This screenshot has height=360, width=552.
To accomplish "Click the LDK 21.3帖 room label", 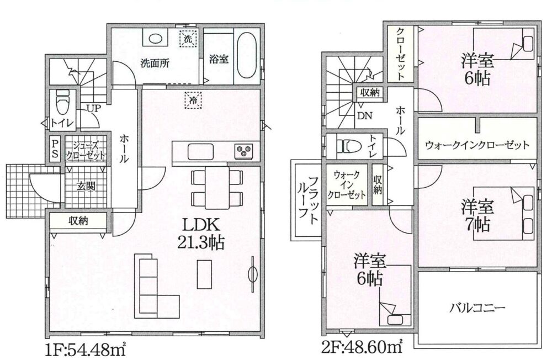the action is pos(201,234).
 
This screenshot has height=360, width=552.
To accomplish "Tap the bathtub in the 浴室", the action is pos(246,56).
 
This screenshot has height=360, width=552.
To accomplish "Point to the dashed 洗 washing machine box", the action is pos(188,39).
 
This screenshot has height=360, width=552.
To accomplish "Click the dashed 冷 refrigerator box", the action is pos(193,100).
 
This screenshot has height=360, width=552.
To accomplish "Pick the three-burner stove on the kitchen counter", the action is pos(243,151).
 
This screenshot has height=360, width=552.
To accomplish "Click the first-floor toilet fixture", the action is pos(63,102).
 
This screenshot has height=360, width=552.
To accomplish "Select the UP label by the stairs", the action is pos(93,108).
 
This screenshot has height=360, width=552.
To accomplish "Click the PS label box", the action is pos(55,149).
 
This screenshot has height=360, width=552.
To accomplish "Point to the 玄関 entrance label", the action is pos(86,186).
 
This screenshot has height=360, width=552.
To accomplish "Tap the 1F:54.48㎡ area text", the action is pos(86,351).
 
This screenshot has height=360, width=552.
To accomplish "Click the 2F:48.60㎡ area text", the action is pos(362,348).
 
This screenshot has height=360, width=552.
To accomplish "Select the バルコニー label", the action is pos(477,308).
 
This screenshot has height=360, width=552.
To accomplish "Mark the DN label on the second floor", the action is pos(365,115).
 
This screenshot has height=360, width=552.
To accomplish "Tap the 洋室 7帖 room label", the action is pos(476,215).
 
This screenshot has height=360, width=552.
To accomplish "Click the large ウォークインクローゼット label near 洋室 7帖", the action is pos(477,145).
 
